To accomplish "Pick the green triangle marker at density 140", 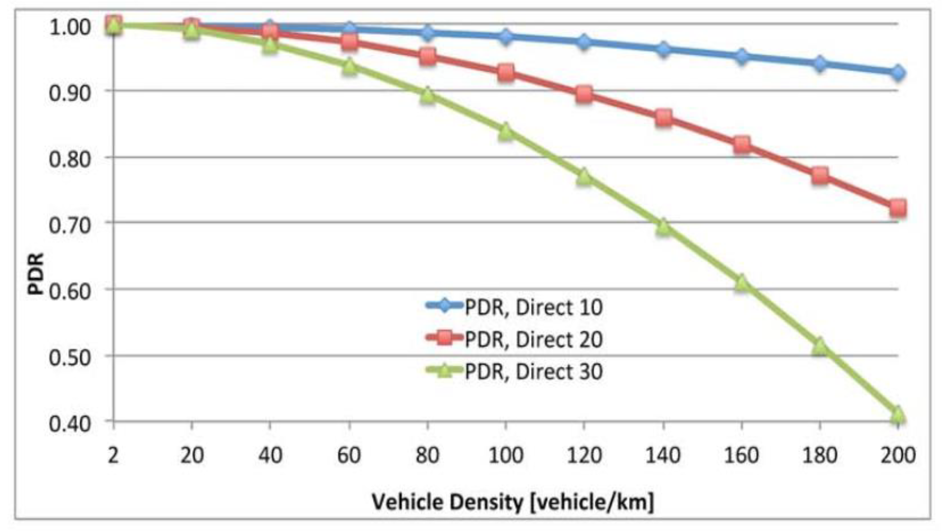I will (x=663, y=227).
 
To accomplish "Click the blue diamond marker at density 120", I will (x=584, y=41).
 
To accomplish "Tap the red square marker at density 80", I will (x=427, y=56).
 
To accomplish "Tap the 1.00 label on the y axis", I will (x=69, y=27).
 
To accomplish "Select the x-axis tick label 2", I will (x=113, y=455).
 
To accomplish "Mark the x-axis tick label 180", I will (x=819, y=455).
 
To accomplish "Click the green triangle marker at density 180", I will (x=819, y=346).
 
